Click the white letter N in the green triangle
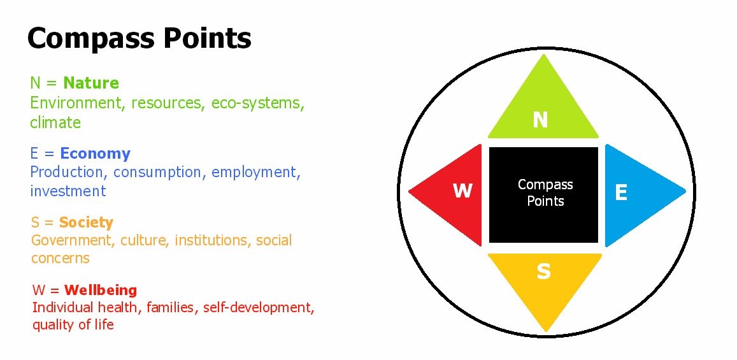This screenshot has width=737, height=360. [x=541, y=120]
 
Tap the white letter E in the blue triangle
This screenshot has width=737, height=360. [x=621, y=192]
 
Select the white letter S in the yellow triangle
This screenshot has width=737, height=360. [x=543, y=271]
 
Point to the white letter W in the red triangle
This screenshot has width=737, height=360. [x=462, y=191]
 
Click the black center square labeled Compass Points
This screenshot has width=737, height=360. [x=544, y=194]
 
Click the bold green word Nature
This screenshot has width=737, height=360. [x=91, y=83]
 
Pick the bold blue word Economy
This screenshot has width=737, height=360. [x=96, y=154]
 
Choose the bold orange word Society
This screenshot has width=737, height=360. [x=86, y=222]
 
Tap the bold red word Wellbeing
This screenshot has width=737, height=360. [x=101, y=289]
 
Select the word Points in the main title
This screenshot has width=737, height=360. [x=208, y=38]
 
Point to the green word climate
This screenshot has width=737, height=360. [x=55, y=122]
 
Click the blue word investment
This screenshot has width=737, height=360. [x=68, y=191]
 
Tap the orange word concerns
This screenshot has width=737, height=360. [x=60, y=258]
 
